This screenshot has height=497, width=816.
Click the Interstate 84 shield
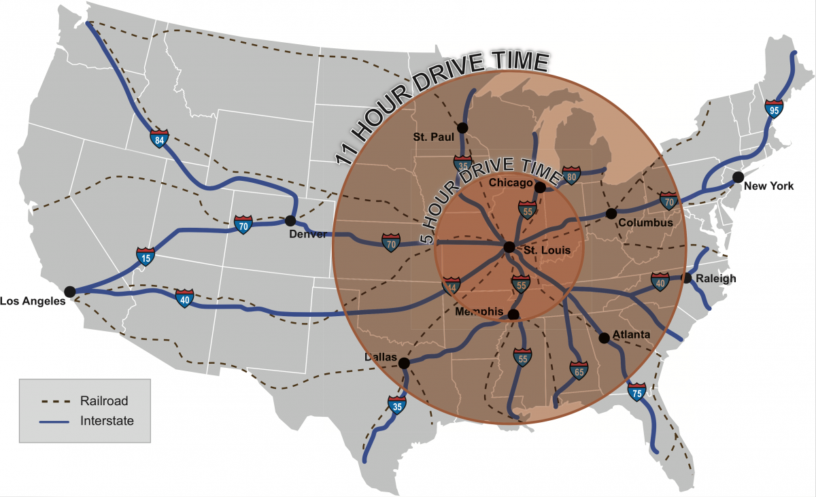click(x=159, y=139)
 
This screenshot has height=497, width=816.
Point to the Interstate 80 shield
click(x=572, y=175)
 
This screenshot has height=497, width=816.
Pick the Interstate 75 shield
click(x=637, y=392)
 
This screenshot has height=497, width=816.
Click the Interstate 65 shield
click(x=579, y=371)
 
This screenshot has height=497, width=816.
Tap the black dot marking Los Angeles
click(x=69, y=292)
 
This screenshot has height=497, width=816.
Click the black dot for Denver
click(x=290, y=221)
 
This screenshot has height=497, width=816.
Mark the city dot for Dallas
click(x=403, y=363)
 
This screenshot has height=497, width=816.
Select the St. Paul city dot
click(x=462, y=127)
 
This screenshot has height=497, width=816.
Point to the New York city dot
click(x=738, y=177)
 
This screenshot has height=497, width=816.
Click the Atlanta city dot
click(x=603, y=338)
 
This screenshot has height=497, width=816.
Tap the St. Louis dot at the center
click(x=509, y=247)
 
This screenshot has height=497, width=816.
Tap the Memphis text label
click(x=479, y=312)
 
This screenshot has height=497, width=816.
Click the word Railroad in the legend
click(x=103, y=400)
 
